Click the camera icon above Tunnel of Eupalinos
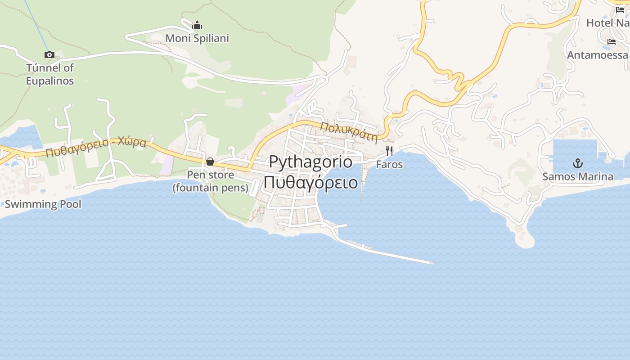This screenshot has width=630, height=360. click(x=49, y=55)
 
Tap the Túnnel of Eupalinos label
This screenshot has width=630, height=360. click(x=49, y=74)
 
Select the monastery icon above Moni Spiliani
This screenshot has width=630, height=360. click(x=197, y=26)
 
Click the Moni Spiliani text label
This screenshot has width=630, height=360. click(x=197, y=39)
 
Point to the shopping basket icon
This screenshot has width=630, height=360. click(x=210, y=162)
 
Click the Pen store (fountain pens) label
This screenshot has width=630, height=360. click(x=211, y=181)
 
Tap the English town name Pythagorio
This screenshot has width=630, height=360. click(x=310, y=162)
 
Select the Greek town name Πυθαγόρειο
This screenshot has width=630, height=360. click(x=310, y=183)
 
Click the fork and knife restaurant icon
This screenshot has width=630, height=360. click(x=389, y=151)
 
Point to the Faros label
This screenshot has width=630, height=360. click(x=389, y=165)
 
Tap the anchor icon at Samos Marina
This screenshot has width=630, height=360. click(x=577, y=163)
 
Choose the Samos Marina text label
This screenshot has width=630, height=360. click(x=577, y=176)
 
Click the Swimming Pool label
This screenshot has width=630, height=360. click(x=43, y=204)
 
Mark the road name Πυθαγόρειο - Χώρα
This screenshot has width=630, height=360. click(x=96, y=147)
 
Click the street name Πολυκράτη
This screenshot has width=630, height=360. click(x=348, y=132)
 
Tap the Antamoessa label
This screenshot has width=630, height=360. click(x=597, y=55)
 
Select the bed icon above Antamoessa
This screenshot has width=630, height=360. click(x=612, y=42)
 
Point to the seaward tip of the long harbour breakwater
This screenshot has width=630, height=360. click(x=431, y=262)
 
